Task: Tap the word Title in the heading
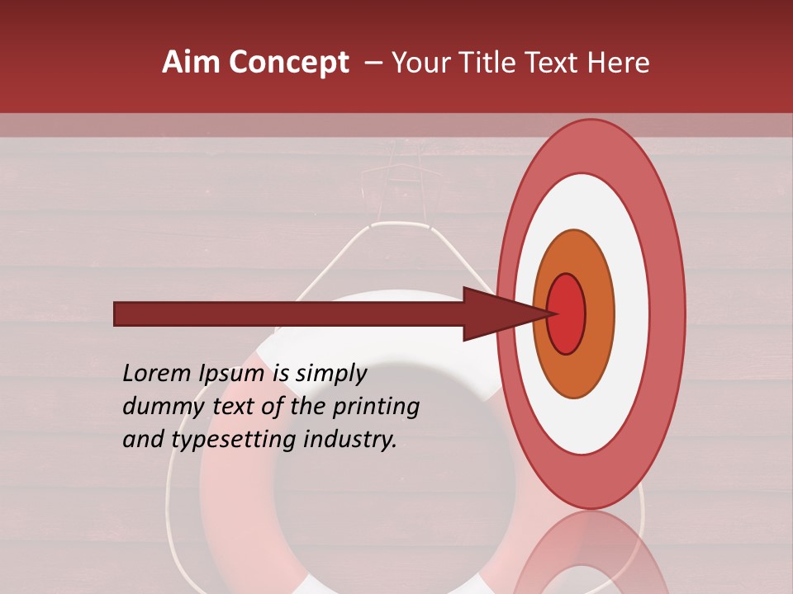coord(489,62)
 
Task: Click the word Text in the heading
coord(552,62)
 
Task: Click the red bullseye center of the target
coord(566,314)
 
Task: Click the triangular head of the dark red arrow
coord(496,314)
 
